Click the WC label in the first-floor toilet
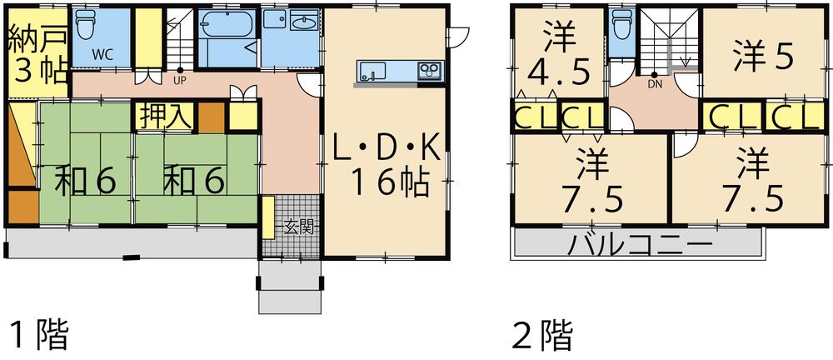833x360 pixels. coord(103,55)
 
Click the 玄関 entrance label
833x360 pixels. coord(301,225)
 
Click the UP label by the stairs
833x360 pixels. coord(179,81)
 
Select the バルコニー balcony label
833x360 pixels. coord(641,245)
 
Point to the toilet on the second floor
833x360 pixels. coord(621,27)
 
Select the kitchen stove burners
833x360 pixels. coord(429,69)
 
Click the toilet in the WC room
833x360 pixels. coord(86,27)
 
